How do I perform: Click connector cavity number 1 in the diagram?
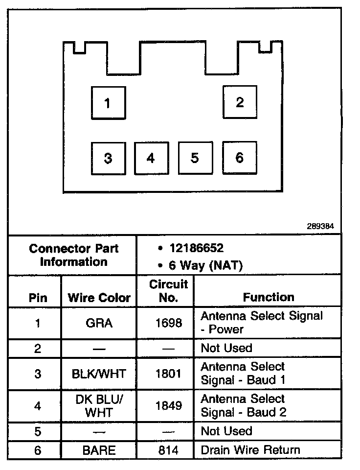108,103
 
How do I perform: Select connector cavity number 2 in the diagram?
240,102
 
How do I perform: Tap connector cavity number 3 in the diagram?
108,158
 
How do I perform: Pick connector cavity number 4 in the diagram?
151,158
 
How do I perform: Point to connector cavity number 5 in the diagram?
195,158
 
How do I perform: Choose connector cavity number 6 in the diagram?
240,158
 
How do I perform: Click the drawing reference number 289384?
320,227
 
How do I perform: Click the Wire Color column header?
99,298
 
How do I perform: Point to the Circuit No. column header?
168,291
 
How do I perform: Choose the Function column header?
269,297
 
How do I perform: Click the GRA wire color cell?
99,323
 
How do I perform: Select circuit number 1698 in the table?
168,323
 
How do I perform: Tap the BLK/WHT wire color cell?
99,374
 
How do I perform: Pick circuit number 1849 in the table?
168,406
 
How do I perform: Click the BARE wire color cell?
99,450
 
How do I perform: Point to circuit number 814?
168,450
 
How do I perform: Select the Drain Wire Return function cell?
250,449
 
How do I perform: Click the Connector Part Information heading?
74,255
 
